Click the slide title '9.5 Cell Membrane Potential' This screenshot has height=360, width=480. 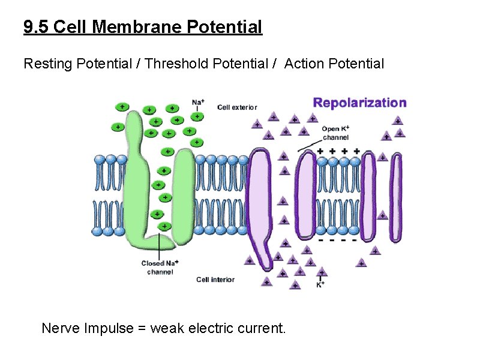[x=143, y=27]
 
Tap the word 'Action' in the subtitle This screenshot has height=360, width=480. [x=304, y=63]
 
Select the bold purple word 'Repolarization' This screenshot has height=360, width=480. [x=359, y=103]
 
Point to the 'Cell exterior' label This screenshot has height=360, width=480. [x=237, y=107]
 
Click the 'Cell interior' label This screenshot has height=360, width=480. [x=215, y=280]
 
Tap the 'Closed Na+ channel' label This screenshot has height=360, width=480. [x=160, y=268]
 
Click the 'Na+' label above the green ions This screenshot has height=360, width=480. [x=197, y=101]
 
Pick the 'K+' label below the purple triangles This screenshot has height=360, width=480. [x=322, y=284]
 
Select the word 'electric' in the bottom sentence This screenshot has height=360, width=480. [x=214, y=328]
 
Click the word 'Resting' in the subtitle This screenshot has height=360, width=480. [x=47, y=63]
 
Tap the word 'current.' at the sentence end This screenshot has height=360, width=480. [x=263, y=328]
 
